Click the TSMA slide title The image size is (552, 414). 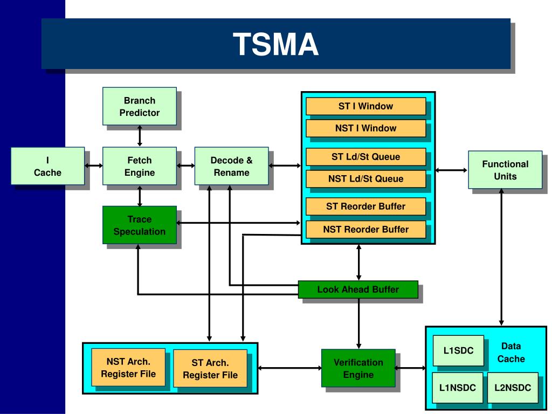click(x=275, y=44)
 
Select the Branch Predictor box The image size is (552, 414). click(x=140, y=106)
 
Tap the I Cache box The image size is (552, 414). click(x=47, y=166)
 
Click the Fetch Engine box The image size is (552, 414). click(x=140, y=166)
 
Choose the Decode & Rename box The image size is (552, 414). click(x=231, y=166)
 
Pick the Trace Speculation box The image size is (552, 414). click(x=140, y=225)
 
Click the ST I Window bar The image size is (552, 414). click(x=366, y=106)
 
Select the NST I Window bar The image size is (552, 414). click(x=366, y=128)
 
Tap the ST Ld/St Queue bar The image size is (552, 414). click(x=366, y=157)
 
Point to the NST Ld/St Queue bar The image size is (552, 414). click(x=366, y=179)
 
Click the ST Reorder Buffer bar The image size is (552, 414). click(x=366, y=206)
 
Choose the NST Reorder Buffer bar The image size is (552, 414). click(x=366, y=230)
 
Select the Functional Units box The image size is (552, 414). click(x=505, y=170)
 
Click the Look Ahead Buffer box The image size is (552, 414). click(x=358, y=289)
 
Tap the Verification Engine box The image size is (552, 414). click(x=358, y=368)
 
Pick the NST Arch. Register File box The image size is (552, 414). click(x=128, y=368)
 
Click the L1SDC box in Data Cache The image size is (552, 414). click(x=458, y=350)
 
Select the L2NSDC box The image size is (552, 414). click(x=513, y=388)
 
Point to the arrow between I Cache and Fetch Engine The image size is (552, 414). click(x=94, y=166)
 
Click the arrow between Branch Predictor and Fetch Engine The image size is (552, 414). click(x=140, y=136)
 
